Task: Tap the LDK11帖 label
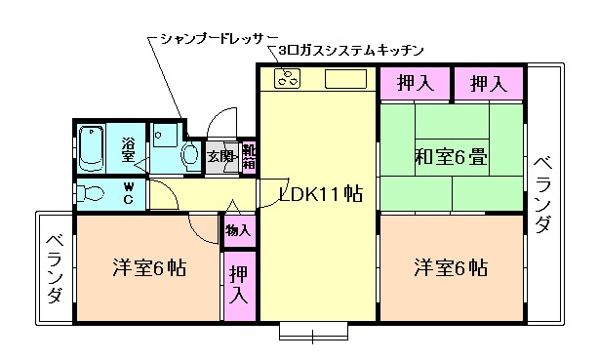(321, 193)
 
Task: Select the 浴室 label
(130, 150)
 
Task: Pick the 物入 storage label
(238, 231)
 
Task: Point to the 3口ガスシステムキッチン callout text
(350, 50)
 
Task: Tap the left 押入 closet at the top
(415, 84)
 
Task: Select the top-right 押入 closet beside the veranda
(488, 84)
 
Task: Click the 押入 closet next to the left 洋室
(238, 286)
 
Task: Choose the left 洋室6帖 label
(149, 267)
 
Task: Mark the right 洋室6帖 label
(450, 267)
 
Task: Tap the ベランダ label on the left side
(55, 267)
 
